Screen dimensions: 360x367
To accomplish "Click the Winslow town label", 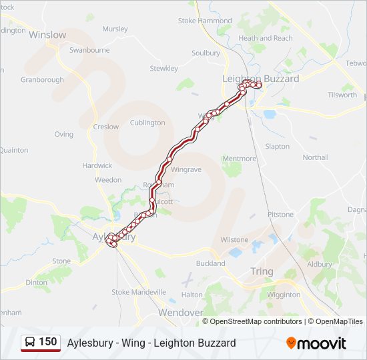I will (x=47, y=35).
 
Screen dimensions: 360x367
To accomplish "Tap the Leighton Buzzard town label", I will (x=260, y=79).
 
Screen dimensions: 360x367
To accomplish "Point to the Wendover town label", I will (x=180, y=312).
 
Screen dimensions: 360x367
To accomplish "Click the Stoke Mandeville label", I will (x=139, y=292).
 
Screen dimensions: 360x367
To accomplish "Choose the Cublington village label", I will (x=147, y=123).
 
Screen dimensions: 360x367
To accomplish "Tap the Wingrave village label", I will (x=186, y=169).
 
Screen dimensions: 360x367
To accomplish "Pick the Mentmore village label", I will (x=239, y=159).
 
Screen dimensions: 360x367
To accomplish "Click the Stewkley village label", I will (x=163, y=69).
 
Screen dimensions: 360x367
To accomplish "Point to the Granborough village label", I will (x=42, y=80).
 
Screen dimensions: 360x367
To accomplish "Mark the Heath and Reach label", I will (x=266, y=38).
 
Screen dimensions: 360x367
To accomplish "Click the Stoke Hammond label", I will (x=205, y=21).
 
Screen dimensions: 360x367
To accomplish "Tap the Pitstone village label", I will (x=280, y=215).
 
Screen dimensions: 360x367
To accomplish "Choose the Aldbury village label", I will (x=319, y=264).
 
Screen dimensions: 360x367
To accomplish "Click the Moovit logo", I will (x=316, y=343).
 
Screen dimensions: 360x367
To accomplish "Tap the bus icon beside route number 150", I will (x=30, y=343).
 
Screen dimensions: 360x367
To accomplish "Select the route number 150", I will (x=48, y=342).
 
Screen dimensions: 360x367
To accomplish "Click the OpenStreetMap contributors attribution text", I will (x=256, y=321).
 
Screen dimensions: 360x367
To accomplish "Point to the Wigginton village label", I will (x=283, y=295).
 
